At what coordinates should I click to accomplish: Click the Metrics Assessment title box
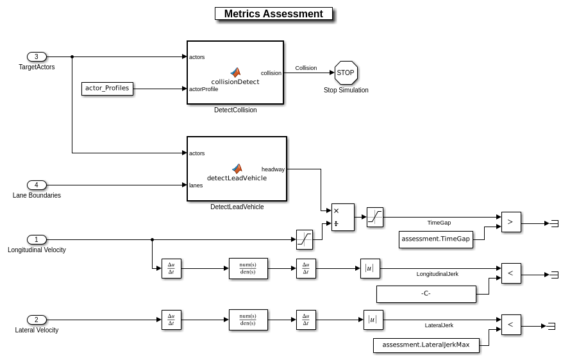tap(273, 13)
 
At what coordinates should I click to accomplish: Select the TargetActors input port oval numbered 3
tap(37, 56)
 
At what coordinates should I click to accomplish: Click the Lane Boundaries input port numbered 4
tap(37, 185)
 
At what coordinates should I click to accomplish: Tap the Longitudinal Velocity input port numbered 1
tap(37, 239)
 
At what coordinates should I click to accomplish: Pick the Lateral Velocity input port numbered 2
tap(37, 320)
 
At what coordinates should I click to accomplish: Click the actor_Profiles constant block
tap(107, 88)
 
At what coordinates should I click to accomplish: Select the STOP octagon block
tap(345, 73)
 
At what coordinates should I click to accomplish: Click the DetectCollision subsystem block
tap(235, 73)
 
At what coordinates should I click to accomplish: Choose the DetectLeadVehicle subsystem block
tap(237, 169)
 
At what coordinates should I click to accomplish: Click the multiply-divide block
tap(342, 217)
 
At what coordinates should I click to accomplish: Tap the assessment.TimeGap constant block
tap(436, 239)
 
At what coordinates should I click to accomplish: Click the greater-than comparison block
tap(511, 221)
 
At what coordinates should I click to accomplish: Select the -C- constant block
tap(426, 293)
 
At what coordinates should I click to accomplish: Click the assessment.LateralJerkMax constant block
tap(426, 345)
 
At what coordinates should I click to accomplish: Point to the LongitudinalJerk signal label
tap(437, 274)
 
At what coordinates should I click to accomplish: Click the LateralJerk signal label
tap(439, 325)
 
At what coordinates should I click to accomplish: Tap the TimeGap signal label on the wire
tap(439, 223)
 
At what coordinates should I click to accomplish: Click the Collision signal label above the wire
tap(306, 68)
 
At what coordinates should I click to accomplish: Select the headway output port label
tap(273, 169)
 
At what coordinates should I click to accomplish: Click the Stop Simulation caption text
tap(346, 90)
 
